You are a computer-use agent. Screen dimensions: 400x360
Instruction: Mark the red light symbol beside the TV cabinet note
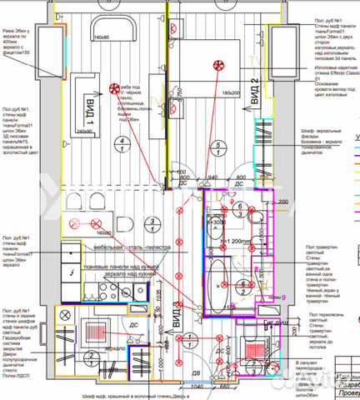[112, 87]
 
